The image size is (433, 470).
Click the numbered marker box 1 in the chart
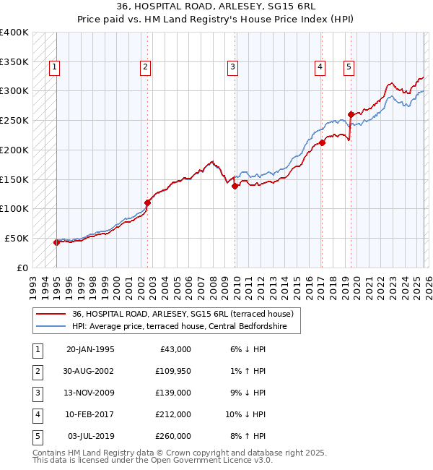pos(55,67)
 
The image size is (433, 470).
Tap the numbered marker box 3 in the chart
pos(233,67)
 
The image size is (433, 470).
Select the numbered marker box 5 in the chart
pos(349,67)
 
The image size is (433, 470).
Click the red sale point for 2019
pos(351,114)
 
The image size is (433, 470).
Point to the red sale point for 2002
pos(147,202)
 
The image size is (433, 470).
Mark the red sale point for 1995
pos(56,242)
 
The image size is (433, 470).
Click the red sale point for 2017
pos(322,142)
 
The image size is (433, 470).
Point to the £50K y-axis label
pos(17,238)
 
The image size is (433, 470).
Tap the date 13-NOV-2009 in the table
pos(90,393)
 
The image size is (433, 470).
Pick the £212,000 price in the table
pos(174,414)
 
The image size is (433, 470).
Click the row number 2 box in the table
pos(37,371)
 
